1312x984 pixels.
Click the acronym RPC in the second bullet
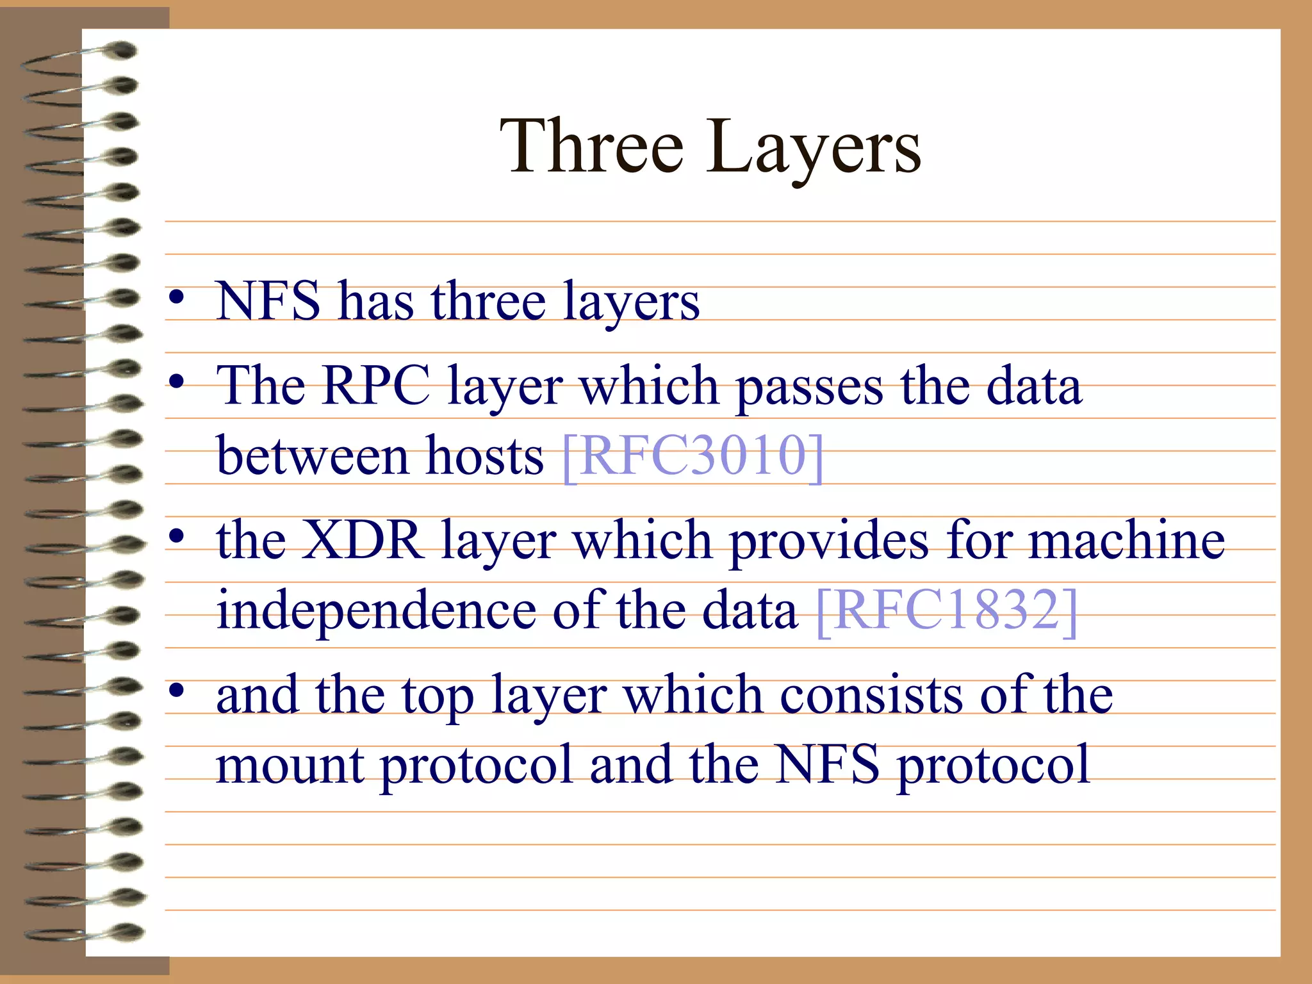coord(376,386)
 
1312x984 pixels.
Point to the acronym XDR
coord(361,540)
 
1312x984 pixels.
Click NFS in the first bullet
coord(268,301)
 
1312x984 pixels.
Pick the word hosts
coord(485,456)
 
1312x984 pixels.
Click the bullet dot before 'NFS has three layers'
coord(177,297)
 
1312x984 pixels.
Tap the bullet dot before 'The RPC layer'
coord(177,382)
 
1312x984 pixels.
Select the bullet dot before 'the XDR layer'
coord(177,536)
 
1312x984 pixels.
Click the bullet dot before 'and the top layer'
coord(177,690)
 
